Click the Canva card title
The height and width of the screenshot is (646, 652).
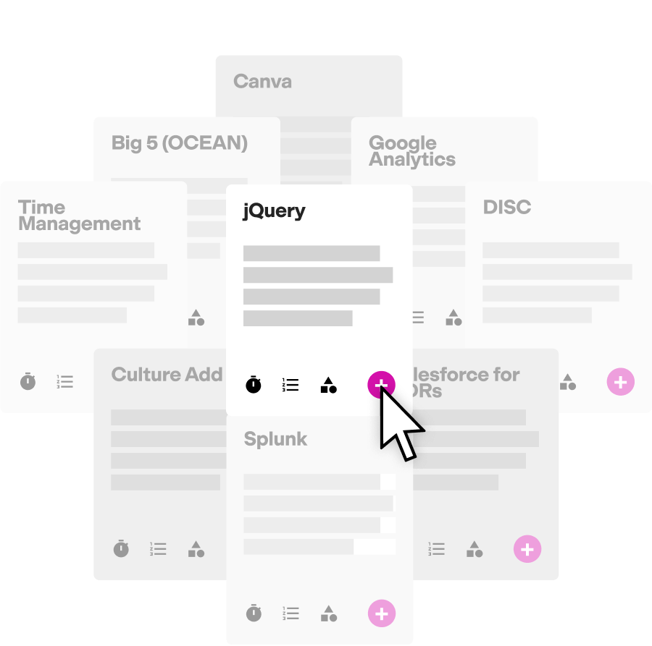[262, 81]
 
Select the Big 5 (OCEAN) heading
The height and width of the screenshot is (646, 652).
[179, 143]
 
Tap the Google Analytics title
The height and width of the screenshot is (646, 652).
[411, 151]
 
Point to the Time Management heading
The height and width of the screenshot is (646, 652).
[79, 216]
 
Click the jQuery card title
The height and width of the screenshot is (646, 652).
[274, 211]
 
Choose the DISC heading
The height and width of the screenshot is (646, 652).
[506, 208]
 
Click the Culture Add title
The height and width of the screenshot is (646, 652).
[167, 375]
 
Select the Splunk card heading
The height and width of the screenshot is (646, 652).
[275, 439]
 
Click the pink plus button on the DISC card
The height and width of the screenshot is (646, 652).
[620, 381]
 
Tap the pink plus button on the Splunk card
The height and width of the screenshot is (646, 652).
[382, 613]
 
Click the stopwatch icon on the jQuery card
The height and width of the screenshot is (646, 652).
[253, 384]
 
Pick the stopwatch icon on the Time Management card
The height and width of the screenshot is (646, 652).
[28, 381]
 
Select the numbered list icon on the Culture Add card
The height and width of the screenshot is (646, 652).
[158, 549]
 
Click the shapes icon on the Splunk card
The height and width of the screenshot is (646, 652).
[328, 613]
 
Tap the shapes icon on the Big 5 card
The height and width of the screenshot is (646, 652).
[196, 317]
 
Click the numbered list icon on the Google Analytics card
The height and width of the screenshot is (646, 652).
[418, 317]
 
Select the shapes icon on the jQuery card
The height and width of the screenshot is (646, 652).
[328, 385]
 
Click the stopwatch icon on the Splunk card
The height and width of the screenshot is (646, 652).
[253, 613]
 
